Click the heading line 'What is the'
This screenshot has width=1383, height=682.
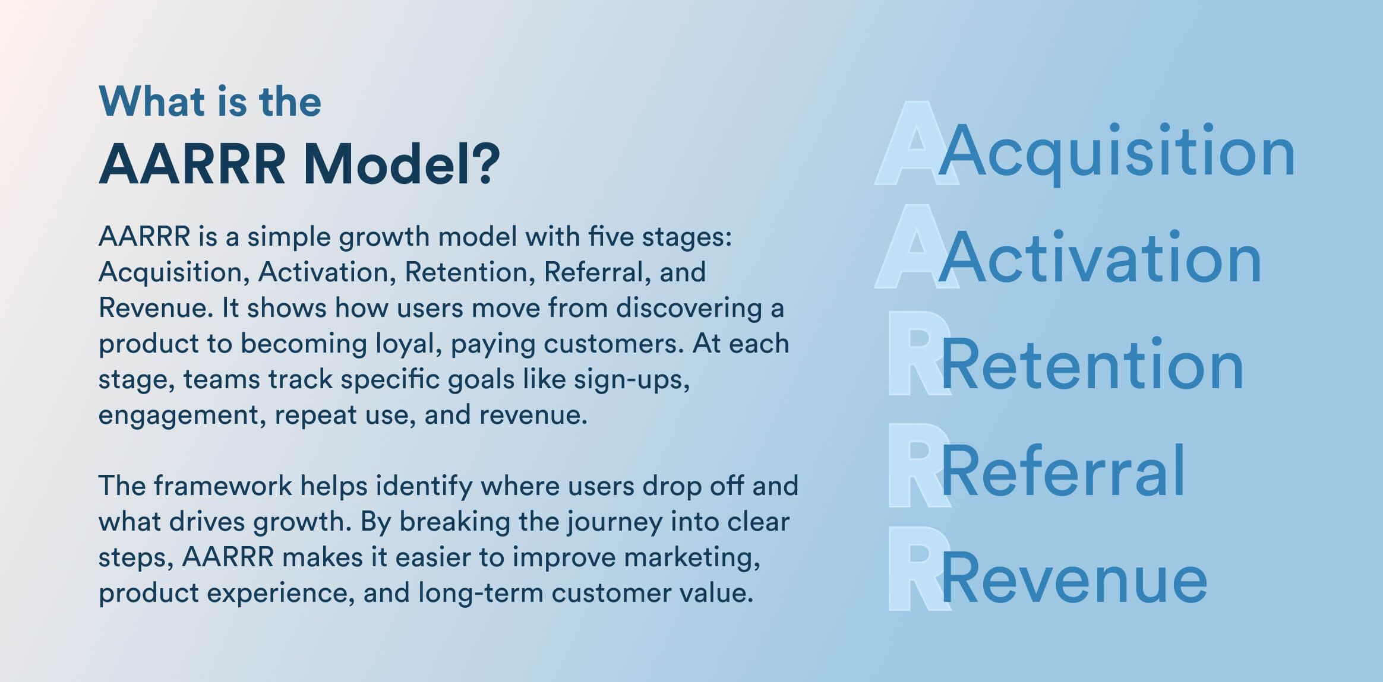pyautogui.click(x=210, y=101)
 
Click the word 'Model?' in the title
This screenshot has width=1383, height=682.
pyautogui.click(x=402, y=164)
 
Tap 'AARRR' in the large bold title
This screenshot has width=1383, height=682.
pyautogui.click(x=192, y=164)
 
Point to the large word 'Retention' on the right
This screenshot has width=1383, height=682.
pyautogui.click(x=1092, y=364)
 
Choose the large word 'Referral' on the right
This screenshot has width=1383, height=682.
pyautogui.click(x=1063, y=471)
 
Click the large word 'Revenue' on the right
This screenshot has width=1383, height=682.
pyautogui.click(x=1074, y=578)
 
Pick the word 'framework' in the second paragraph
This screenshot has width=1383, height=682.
pyautogui.click(x=223, y=486)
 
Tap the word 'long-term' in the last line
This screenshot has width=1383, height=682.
pyautogui.click(x=480, y=593)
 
